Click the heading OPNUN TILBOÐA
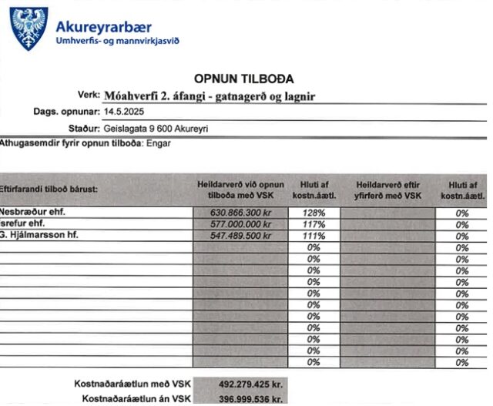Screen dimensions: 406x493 point(246,79)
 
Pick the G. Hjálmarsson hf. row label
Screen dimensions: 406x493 point(39,234)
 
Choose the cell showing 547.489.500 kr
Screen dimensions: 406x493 point(241,235)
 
